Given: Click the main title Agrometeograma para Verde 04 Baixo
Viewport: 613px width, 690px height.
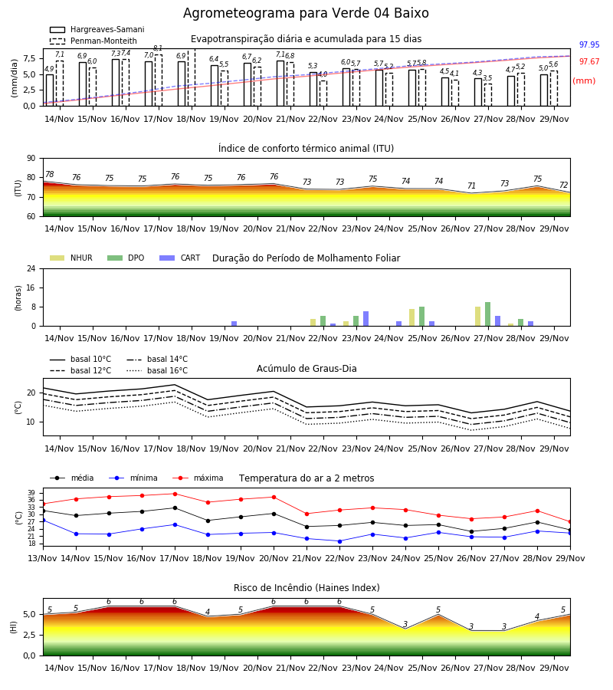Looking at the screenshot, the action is click(306, 13).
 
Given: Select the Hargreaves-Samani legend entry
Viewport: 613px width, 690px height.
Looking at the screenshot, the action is click(97, 29).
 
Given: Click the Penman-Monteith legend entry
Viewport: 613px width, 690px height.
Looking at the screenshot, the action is click(93, 41).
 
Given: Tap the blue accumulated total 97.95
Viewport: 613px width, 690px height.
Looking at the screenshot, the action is click(589, 45).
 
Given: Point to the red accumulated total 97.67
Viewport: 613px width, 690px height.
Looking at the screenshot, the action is click(589, 61).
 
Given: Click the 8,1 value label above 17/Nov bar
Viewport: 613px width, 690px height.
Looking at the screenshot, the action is click(158, 48).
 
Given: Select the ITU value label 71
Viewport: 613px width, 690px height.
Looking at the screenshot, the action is click(471, 186).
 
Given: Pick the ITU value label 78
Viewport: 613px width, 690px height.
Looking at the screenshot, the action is click(50, 174).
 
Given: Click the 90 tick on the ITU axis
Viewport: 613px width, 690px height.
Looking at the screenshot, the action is click(31, 159).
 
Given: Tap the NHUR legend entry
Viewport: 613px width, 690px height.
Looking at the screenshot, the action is click(71, 258).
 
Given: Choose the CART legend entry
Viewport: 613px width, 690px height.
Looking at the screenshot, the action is click(180, 258).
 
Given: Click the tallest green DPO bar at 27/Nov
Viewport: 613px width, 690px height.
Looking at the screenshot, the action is click(487, 314).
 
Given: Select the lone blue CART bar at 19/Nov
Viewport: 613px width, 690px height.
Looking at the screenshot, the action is click(234, 324).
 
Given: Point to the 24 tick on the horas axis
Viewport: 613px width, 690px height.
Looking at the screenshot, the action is click(31, 268).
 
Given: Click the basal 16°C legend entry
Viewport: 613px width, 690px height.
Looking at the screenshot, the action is click(157, 370).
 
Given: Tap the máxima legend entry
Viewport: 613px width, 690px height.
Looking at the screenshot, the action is click(198, 478).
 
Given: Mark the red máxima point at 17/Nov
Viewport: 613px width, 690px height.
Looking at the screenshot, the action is click(175, 494).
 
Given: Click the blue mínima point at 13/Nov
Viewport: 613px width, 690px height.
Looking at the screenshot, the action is click(43, 520).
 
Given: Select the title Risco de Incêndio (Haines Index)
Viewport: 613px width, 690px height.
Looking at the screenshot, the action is click(306, 588).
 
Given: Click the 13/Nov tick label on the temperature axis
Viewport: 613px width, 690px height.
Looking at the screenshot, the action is click(43, 558).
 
